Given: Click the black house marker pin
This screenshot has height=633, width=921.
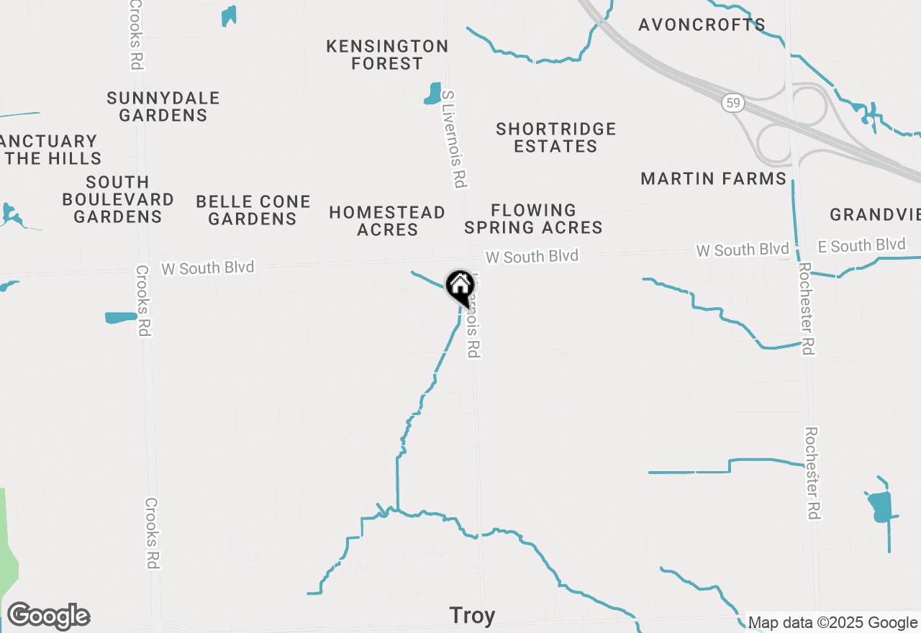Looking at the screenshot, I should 460,286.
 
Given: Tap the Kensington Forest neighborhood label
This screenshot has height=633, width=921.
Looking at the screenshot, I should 387,55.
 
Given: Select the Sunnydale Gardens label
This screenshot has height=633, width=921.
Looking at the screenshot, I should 163,106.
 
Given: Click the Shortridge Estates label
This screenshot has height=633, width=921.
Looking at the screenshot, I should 556,137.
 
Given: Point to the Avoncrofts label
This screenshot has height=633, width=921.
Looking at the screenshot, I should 702,25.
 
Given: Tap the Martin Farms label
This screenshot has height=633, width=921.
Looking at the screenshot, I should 714,178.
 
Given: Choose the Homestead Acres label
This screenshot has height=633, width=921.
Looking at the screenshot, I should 387,221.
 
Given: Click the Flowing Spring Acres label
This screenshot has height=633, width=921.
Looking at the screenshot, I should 533,219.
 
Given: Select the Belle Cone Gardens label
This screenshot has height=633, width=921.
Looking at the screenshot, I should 253,210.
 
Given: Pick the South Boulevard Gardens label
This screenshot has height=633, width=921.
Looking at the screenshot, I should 118,199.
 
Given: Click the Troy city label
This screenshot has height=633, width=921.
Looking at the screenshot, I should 472,616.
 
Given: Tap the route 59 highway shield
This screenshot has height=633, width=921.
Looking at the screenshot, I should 732,104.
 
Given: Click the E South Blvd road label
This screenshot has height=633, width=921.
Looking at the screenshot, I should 862,246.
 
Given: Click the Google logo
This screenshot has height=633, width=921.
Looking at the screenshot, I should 48,616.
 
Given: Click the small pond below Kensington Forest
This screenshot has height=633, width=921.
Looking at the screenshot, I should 433,94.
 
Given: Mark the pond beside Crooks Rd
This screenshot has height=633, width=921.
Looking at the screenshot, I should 120,317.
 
